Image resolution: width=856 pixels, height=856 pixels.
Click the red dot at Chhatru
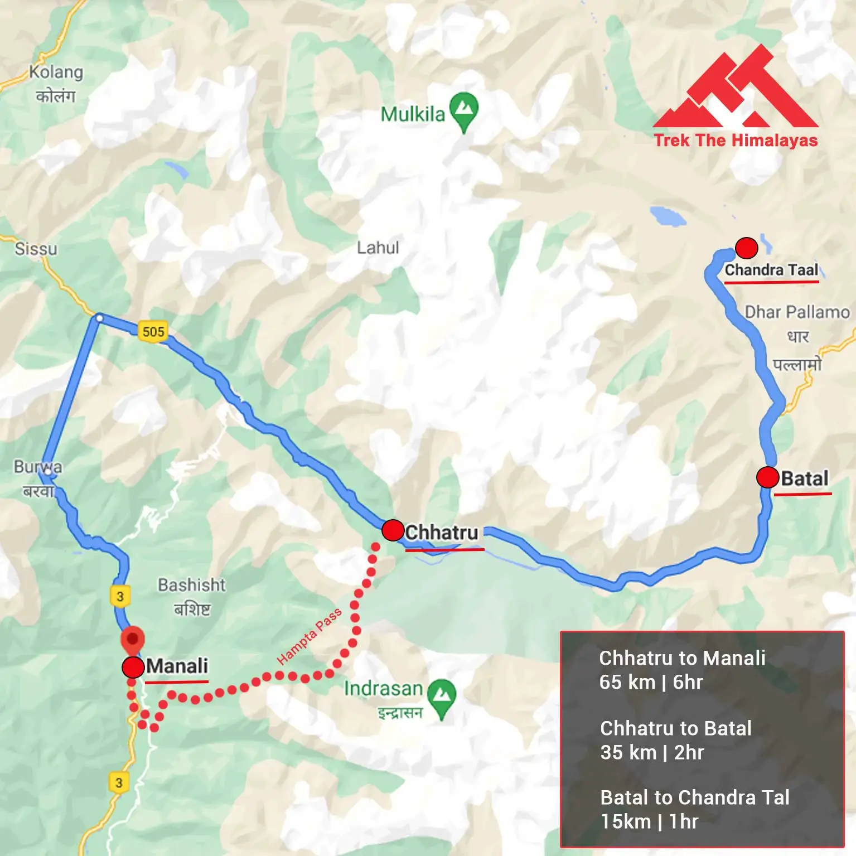pos(393,530)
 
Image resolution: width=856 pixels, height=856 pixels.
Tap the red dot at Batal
pos(767,477)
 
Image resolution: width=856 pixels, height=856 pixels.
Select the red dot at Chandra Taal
pos(746,247)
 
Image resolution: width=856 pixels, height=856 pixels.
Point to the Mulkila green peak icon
pos(463,109)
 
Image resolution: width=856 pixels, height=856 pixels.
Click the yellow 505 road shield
pos(153,332)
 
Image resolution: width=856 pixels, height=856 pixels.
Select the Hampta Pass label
pos(309,636)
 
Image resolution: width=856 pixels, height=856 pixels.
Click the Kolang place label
pos(56,72)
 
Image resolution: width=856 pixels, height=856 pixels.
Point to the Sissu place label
pos(36,249)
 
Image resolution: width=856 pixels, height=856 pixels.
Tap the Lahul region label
pos(378,248)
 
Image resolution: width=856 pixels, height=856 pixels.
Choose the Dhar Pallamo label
pos(797,312)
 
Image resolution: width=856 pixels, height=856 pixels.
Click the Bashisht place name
pos(191,585)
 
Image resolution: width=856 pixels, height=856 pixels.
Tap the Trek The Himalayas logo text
pos(736,140)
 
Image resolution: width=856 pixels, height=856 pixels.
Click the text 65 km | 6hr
pos(651,682)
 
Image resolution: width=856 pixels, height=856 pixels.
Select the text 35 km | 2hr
pos(652,752)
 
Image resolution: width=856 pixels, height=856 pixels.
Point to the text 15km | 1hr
pos(649,821)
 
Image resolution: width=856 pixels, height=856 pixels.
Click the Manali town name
pos(177,666)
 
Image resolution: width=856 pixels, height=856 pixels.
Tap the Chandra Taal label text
pos(771,270)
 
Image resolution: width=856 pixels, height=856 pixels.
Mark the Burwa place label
pos(38,467)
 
